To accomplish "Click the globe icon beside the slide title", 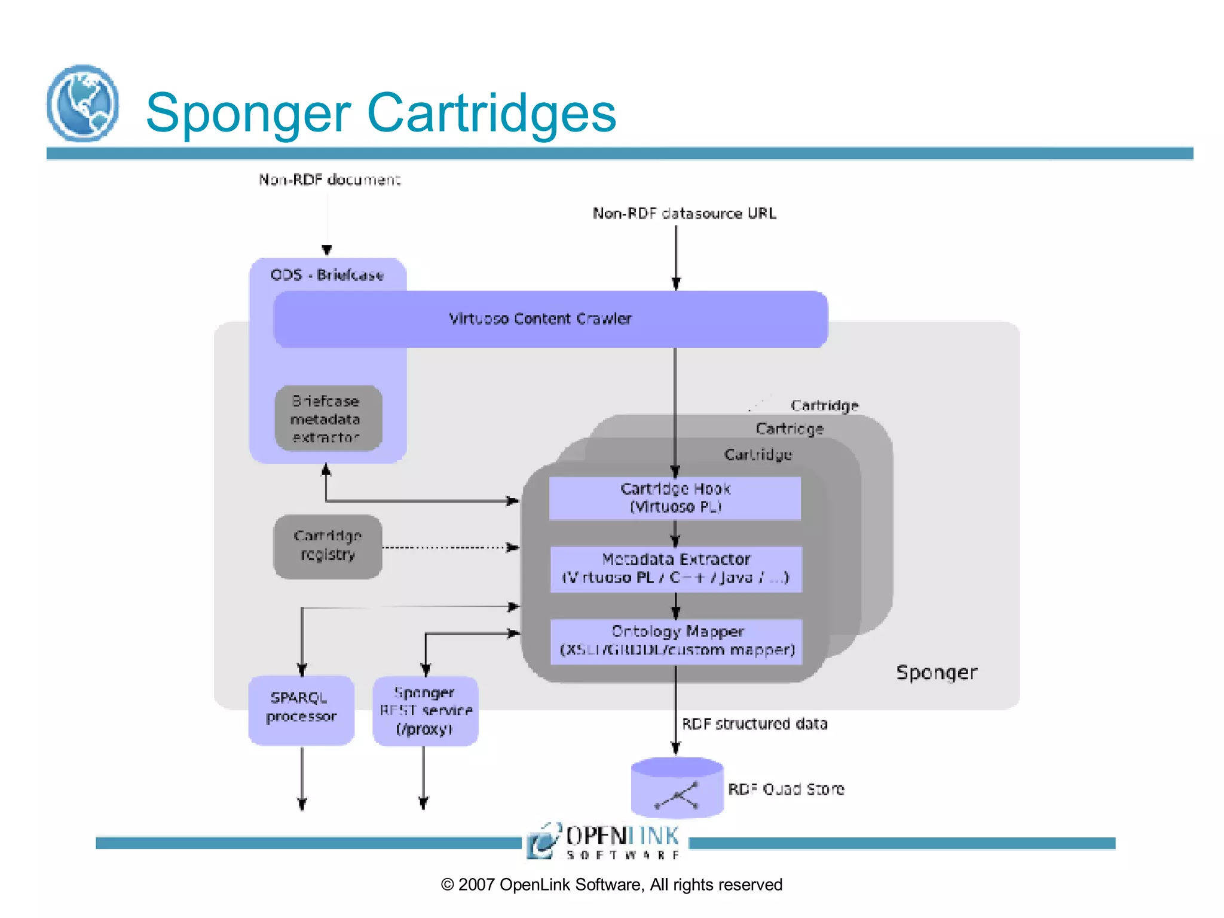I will pos(82,103).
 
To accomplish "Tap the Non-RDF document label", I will pos(329,179).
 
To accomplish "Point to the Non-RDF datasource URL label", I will pos(684,213).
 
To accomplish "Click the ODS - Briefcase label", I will pos(327,275).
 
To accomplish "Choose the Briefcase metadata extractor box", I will pos(328,418).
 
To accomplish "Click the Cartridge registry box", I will pos(328,546).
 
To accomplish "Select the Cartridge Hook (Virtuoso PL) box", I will pos(675,498).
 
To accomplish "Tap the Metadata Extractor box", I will pos(675,568).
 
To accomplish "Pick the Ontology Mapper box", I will pos(676,641).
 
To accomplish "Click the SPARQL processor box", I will pos(301,709).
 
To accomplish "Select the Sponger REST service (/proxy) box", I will pos(425,710).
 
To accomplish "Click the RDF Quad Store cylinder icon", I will pos(677,788).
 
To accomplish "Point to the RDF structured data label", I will pos(754,724).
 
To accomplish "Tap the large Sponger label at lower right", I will pos(936,672).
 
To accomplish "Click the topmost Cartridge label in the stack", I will pos(824,406).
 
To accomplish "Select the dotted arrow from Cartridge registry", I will pos(448,547).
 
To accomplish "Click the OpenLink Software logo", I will pos(604,841).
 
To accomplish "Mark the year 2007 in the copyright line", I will pos(476,885).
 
